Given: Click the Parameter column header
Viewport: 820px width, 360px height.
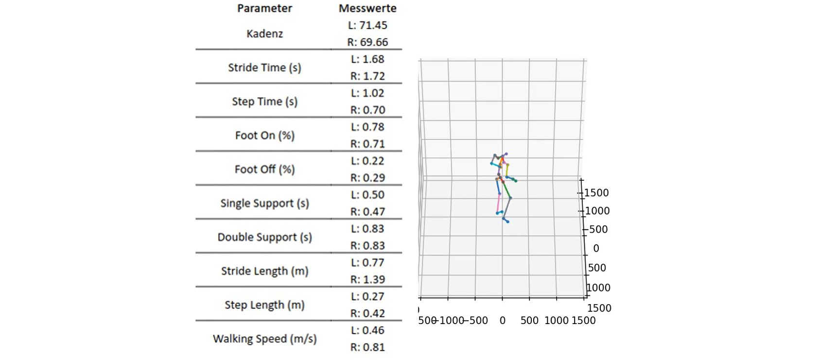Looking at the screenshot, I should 264,8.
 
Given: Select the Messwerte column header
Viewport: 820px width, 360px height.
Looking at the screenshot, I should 367,8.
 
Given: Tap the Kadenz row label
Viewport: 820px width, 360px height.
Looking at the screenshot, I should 264,34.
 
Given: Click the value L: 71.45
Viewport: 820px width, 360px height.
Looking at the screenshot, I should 367,25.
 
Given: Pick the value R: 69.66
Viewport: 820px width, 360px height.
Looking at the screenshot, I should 367,42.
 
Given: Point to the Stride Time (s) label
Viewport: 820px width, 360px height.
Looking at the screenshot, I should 264,68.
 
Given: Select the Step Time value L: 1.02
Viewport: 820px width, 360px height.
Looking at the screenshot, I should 367,93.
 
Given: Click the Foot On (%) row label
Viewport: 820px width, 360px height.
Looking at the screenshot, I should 264,136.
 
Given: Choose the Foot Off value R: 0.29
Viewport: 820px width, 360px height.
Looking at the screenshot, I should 367,178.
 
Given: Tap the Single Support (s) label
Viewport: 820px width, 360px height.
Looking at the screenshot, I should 264,203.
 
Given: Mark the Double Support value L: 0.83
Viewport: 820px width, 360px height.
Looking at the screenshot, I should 367,229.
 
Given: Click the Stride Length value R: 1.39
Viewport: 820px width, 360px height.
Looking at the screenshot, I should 367,279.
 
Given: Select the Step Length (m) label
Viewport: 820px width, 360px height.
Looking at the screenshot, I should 264,305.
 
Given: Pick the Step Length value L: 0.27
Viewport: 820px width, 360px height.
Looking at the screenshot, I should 367,296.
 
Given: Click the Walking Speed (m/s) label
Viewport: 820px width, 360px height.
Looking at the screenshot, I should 264,339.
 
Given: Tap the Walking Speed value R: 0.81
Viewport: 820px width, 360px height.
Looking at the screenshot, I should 367,347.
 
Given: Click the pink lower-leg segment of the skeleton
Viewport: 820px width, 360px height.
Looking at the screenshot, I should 498,203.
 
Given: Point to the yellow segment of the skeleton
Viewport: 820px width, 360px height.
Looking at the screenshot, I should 507,171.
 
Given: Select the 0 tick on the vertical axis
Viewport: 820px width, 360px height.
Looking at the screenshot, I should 596,248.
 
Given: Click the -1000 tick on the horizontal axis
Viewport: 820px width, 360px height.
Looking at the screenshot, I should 450,321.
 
